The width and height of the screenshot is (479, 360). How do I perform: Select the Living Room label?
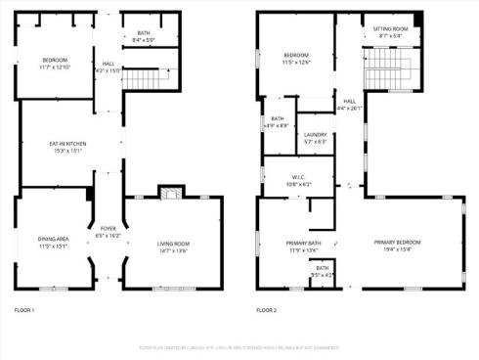173,244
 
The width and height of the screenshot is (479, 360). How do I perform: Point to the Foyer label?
109,230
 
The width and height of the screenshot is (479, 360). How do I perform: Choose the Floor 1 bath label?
144,33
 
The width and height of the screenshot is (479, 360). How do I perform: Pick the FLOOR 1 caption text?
24,310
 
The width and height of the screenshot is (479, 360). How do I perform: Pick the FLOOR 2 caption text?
267,310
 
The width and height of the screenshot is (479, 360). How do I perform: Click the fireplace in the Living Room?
167,192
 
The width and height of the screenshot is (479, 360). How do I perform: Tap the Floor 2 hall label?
349,101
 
